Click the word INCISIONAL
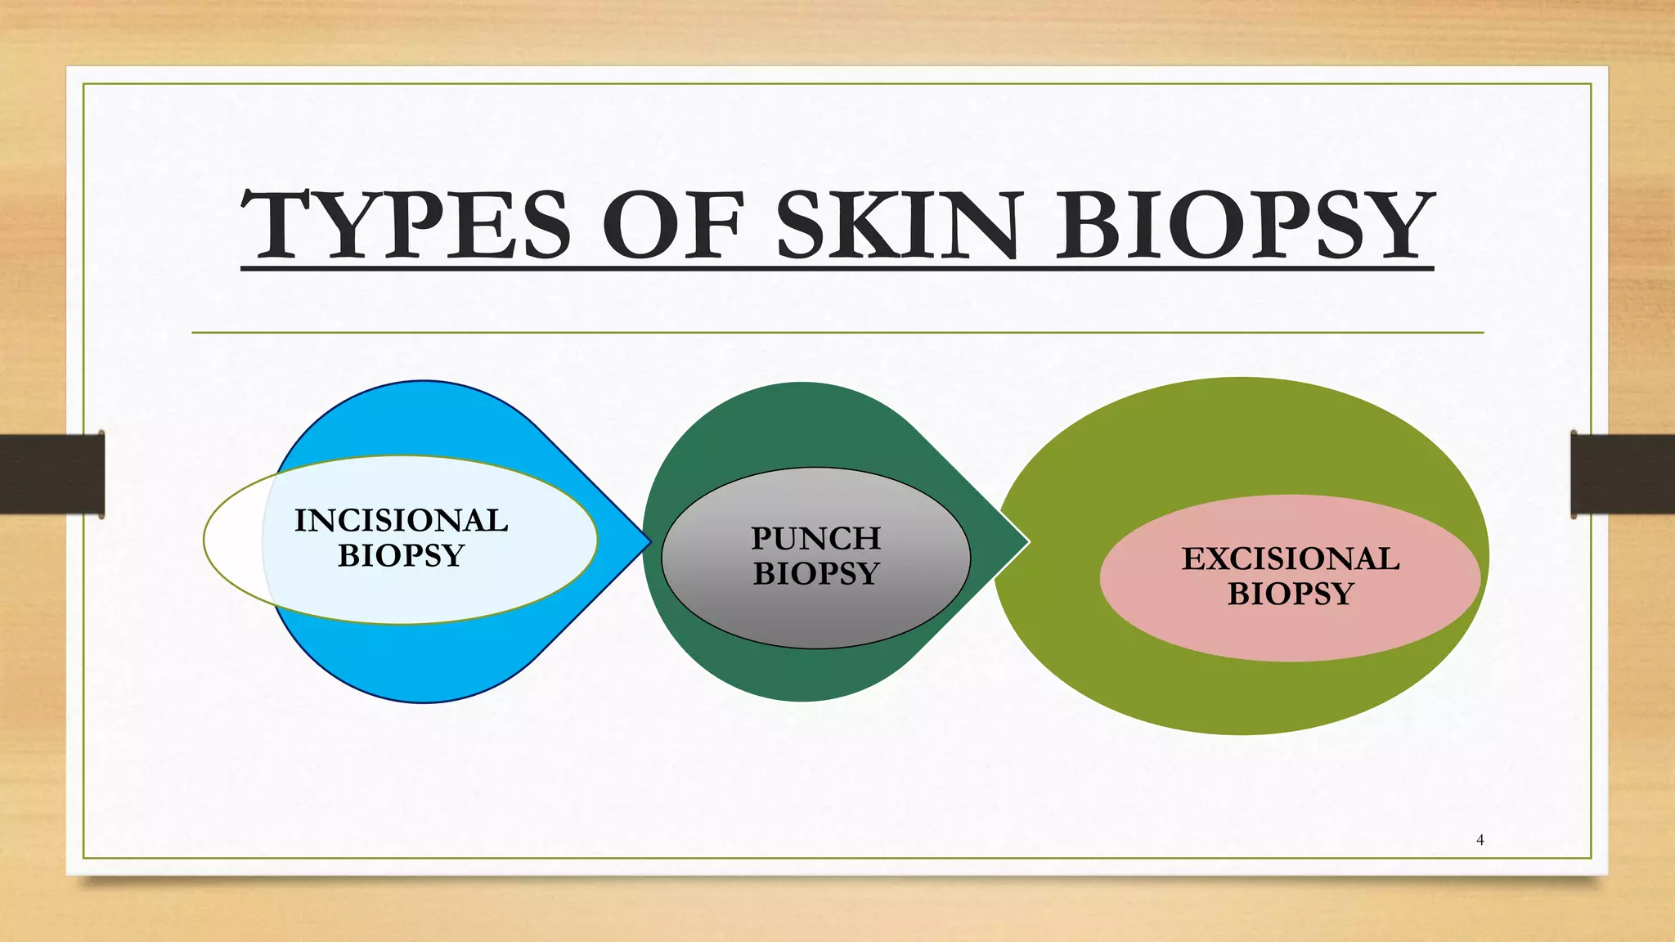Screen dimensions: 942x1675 401,521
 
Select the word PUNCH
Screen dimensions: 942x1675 815,539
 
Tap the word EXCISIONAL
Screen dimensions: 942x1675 1290,559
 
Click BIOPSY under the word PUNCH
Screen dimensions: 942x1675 815,574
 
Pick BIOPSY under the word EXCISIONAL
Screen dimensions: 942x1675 1290,594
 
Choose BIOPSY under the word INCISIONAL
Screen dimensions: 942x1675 401,556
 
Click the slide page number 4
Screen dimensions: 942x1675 1480,840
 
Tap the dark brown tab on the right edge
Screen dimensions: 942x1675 1623,474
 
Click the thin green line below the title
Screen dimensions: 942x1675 837,333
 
